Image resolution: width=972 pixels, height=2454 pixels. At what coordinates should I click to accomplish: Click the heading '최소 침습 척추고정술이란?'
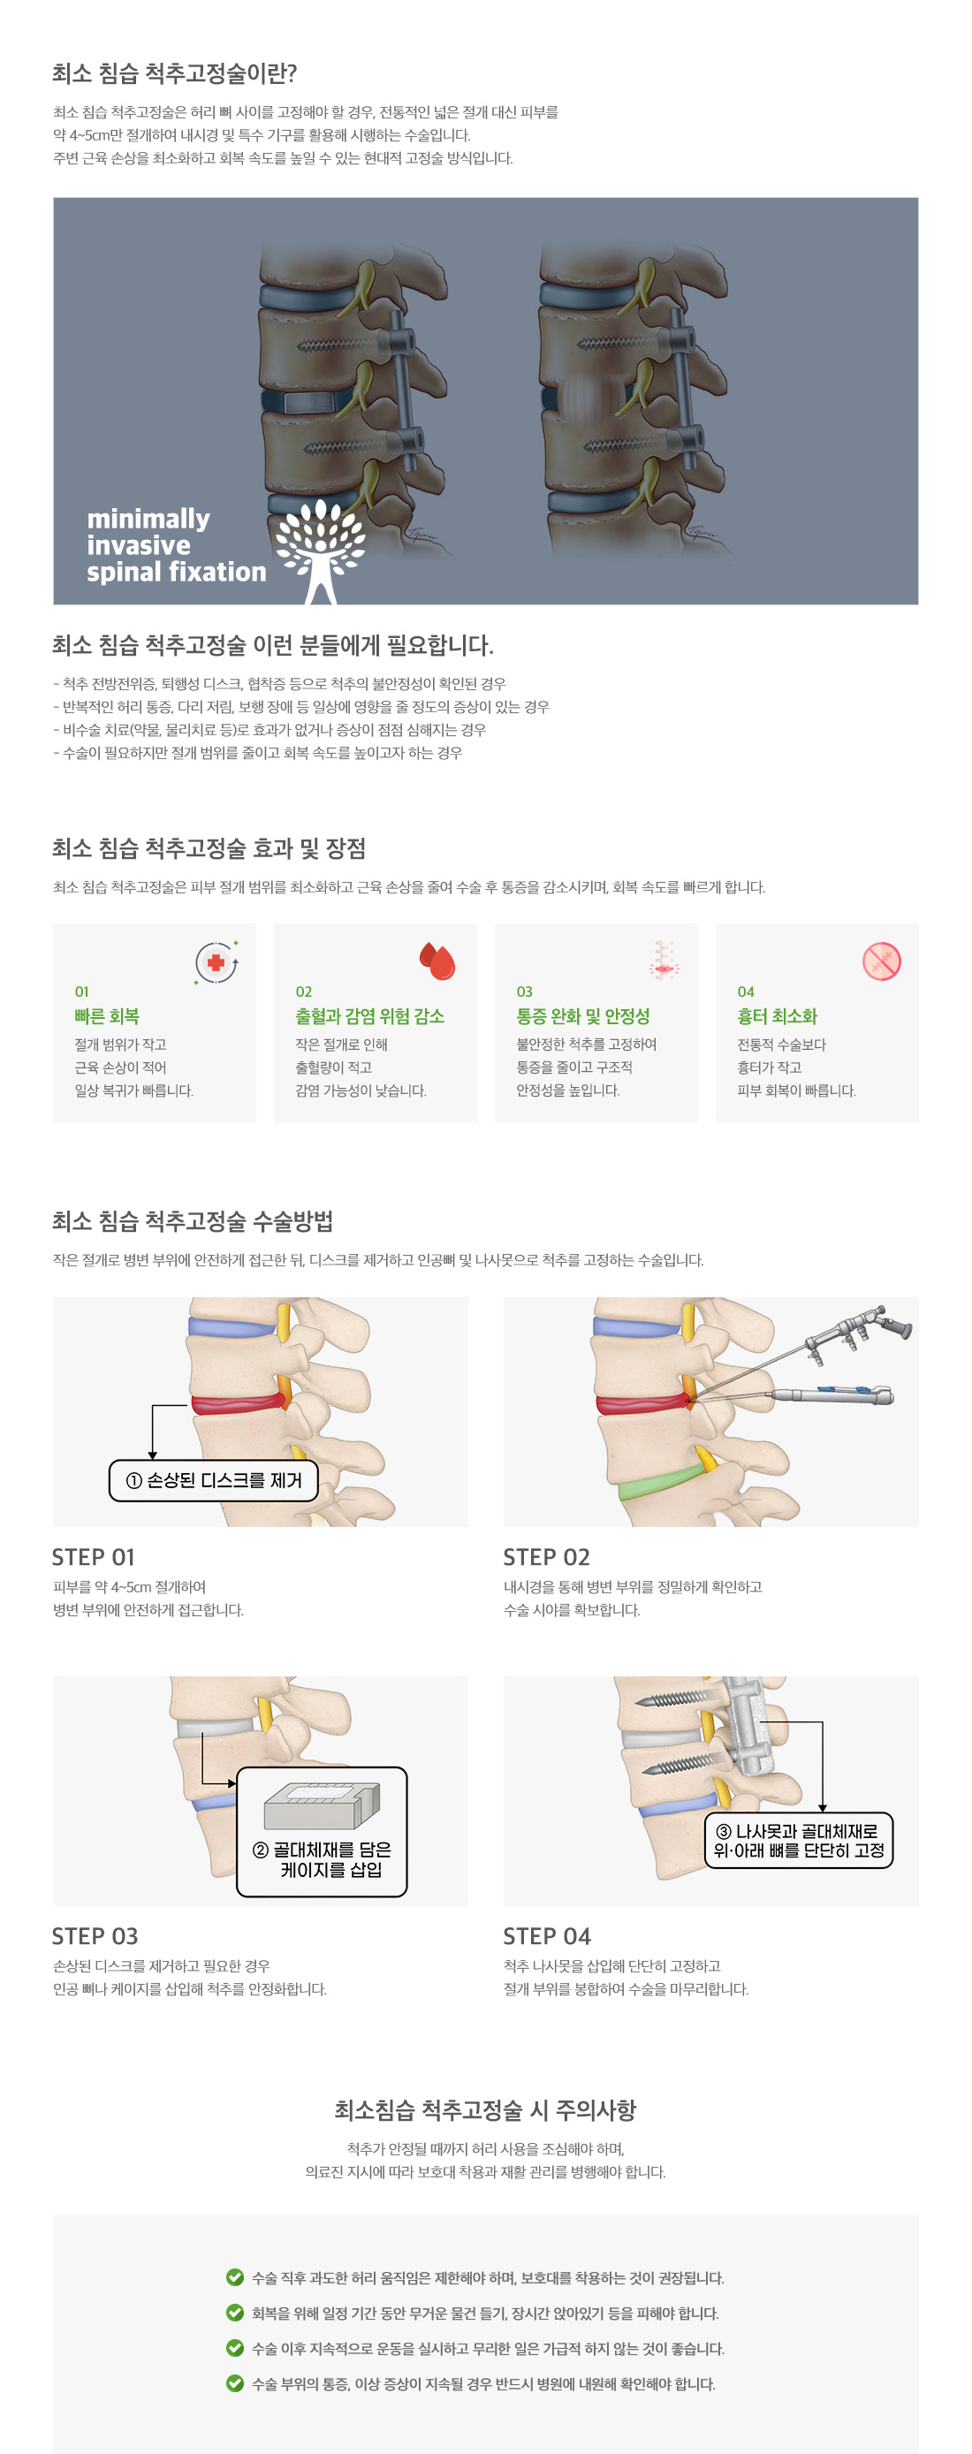click(x=174, y=73)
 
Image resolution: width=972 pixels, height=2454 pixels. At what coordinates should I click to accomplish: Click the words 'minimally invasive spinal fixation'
click(x=177, y=545)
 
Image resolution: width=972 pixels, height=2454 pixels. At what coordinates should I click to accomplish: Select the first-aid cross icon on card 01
click(x=216, y=962)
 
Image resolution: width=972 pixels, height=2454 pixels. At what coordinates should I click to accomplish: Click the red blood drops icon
click(x=437, y=961)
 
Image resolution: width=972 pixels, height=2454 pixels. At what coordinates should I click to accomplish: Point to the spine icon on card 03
click(x=664, y=961)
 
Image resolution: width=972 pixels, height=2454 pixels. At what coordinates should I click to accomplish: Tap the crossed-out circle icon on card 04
click(x=882, y=961)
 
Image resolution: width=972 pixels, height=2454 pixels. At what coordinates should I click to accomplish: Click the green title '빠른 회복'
click(x=107, y=1016)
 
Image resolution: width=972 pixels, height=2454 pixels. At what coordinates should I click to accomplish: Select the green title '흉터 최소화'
click(x=777, y=1016)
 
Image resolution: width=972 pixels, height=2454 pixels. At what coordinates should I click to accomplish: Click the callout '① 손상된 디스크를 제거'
click(x=215, y=1480)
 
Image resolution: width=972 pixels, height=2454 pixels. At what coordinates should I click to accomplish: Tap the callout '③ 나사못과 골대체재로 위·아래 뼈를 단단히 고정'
click(x=799, y=1841)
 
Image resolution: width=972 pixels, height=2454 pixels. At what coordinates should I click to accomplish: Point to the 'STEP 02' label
click(x=546, y=1556)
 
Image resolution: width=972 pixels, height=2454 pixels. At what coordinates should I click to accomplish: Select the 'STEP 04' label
click(x=547, y=1936)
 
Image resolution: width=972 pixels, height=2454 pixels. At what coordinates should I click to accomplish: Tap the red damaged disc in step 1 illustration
click(x=239, y=1403)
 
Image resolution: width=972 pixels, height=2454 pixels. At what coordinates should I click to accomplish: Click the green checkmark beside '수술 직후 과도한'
click(x=234, y=2276)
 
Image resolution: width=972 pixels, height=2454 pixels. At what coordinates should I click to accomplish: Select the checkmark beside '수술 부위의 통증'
click(x=234, y=2382)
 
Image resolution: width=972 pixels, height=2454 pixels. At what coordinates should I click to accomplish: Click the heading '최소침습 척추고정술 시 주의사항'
click(x=485, y=2110)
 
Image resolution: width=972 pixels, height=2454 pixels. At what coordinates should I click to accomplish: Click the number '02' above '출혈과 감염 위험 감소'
click(x=304, y=991)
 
